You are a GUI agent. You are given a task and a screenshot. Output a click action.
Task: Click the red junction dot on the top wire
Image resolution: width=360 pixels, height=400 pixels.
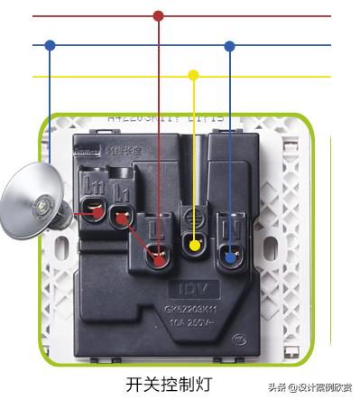coord(159,15)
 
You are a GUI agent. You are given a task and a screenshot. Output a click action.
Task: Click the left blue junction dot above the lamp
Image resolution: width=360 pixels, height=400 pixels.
coord(50,44)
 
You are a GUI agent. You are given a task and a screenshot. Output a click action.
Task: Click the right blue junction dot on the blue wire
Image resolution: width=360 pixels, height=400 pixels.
coord(230,44)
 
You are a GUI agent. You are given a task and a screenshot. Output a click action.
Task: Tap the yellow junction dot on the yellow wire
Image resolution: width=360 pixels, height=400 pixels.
coord(193,76)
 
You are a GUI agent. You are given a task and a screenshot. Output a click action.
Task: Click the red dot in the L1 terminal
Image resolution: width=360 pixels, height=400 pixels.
coord(120,217)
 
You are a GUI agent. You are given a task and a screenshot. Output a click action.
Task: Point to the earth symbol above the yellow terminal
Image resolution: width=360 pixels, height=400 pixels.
coord(192,218)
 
